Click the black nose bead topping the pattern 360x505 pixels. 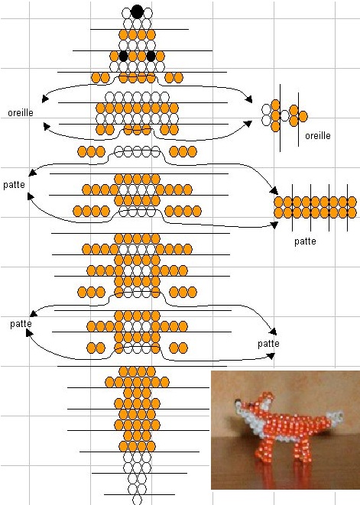(137, 11)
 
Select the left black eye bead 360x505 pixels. (123, 56)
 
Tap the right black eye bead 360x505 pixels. (151, 56)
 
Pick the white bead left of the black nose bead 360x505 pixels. (126, 13)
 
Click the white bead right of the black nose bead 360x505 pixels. (148, 13)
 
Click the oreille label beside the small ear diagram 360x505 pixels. (318, 135)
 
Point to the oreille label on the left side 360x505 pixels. (21, 113)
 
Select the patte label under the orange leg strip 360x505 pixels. (305, 241)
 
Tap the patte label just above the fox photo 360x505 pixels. (268, 344)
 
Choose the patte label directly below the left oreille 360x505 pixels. (14, 185)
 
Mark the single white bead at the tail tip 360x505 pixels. (137, 500)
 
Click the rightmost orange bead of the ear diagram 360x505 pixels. (303, 116)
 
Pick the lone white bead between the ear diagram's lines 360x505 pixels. (284, 115)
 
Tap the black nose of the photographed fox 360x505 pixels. (237, 401)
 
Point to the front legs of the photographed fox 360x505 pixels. (266, 451)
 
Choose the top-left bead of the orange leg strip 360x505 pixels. (278, 202)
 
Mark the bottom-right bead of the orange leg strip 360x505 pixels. (352, 213)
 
